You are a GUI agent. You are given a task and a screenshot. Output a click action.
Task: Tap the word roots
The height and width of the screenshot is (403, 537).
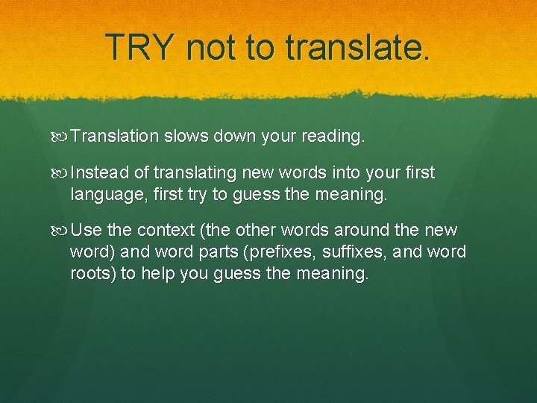tap(92, 273)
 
